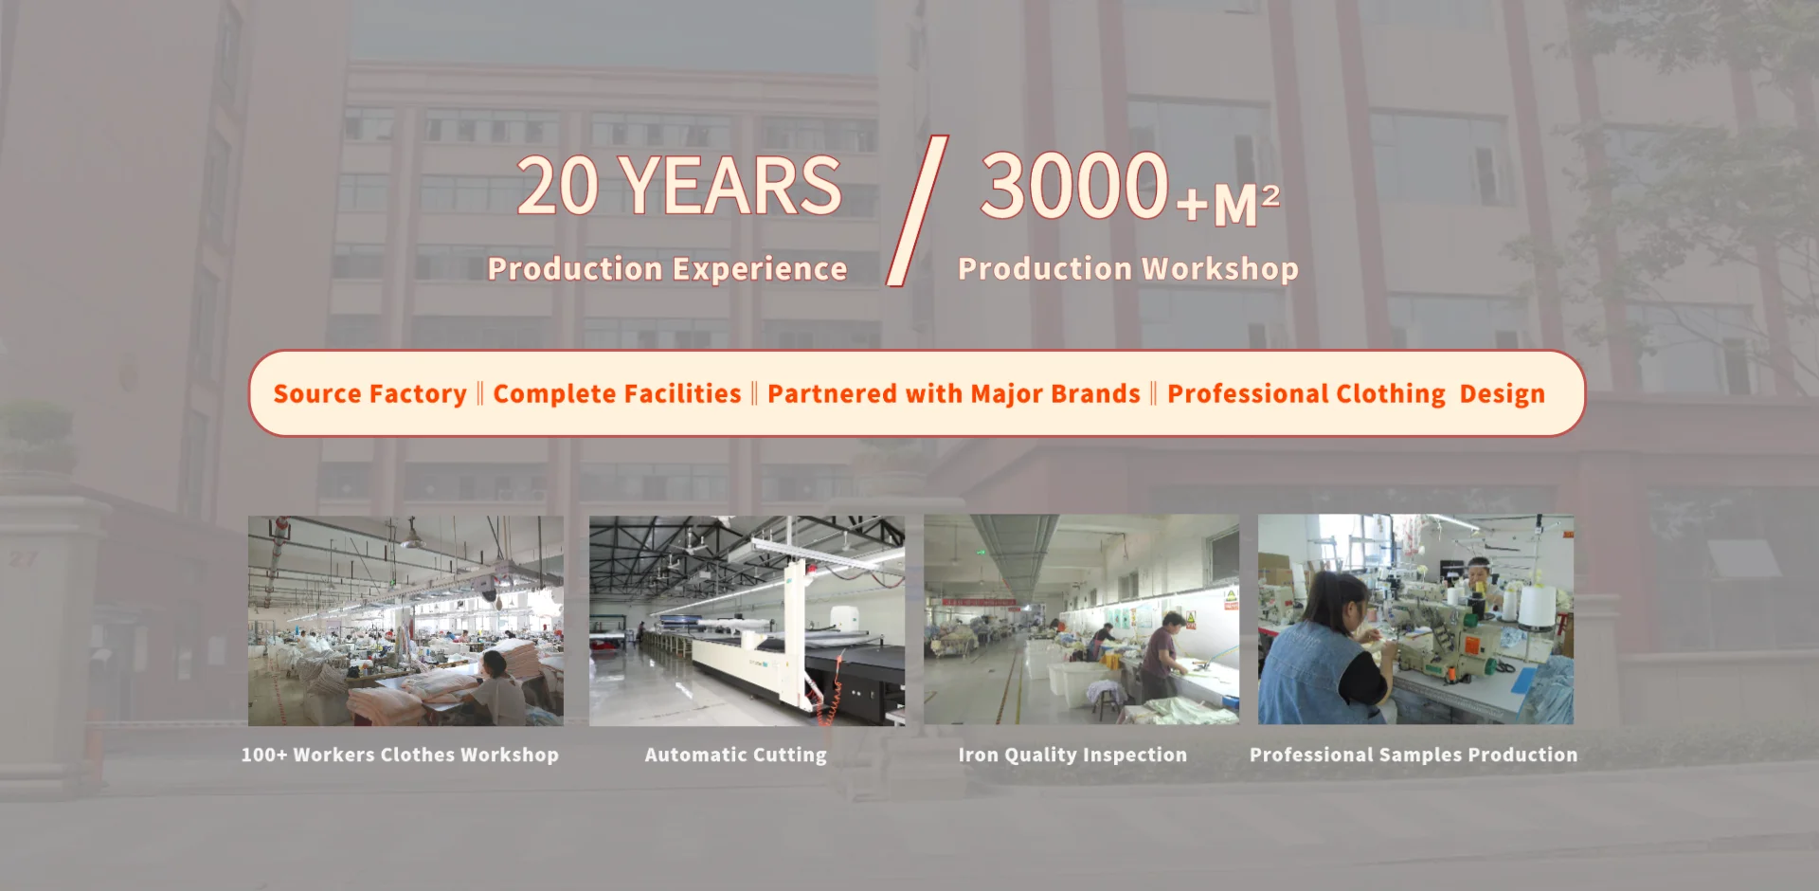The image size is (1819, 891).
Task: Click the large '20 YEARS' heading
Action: (x=679, y=186)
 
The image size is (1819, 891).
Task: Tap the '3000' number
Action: (x=1074, y=185)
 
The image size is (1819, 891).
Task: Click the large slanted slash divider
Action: (x=917, y=210)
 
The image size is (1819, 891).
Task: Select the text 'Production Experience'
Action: (x=667, y=269)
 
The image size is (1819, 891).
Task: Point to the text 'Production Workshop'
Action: (x=1128, y=269)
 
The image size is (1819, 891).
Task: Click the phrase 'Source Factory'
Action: (x=370, y=394)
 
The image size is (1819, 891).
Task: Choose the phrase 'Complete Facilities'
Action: (x=617, y=394)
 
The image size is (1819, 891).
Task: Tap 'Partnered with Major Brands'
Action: (x=954, y=394)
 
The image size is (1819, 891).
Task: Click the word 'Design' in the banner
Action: (x=1502, y=394)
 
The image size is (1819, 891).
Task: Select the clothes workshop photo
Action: (x=405, y=621)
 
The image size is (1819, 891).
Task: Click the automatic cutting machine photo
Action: (x=747, y=621)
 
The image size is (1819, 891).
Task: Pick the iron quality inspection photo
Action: (x=1081, y=620)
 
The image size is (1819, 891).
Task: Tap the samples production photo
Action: (x=1415, y=620)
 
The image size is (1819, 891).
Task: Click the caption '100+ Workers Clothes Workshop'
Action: (x=400, y=755)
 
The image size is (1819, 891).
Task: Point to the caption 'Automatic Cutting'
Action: (x=736, y=755)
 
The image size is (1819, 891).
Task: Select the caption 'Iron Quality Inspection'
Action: (x=1072, y=755)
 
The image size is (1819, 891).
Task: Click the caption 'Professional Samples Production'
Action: (x=1414, y=755)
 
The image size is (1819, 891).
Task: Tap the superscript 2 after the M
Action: (x=1271, y=196)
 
